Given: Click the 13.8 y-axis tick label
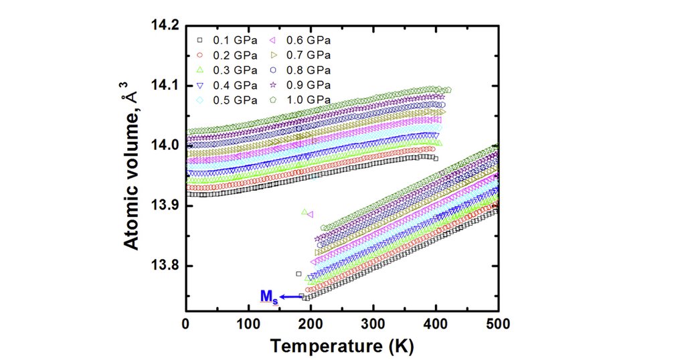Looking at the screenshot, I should pyautogui.click(x=166, y=266).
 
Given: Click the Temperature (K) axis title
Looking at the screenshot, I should pyautogui.click(x=341, y=347).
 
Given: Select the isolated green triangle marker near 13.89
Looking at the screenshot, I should pyautogui.click(x=305, y=212).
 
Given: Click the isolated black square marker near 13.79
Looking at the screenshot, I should pyautogui.click(x=299, y=274).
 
